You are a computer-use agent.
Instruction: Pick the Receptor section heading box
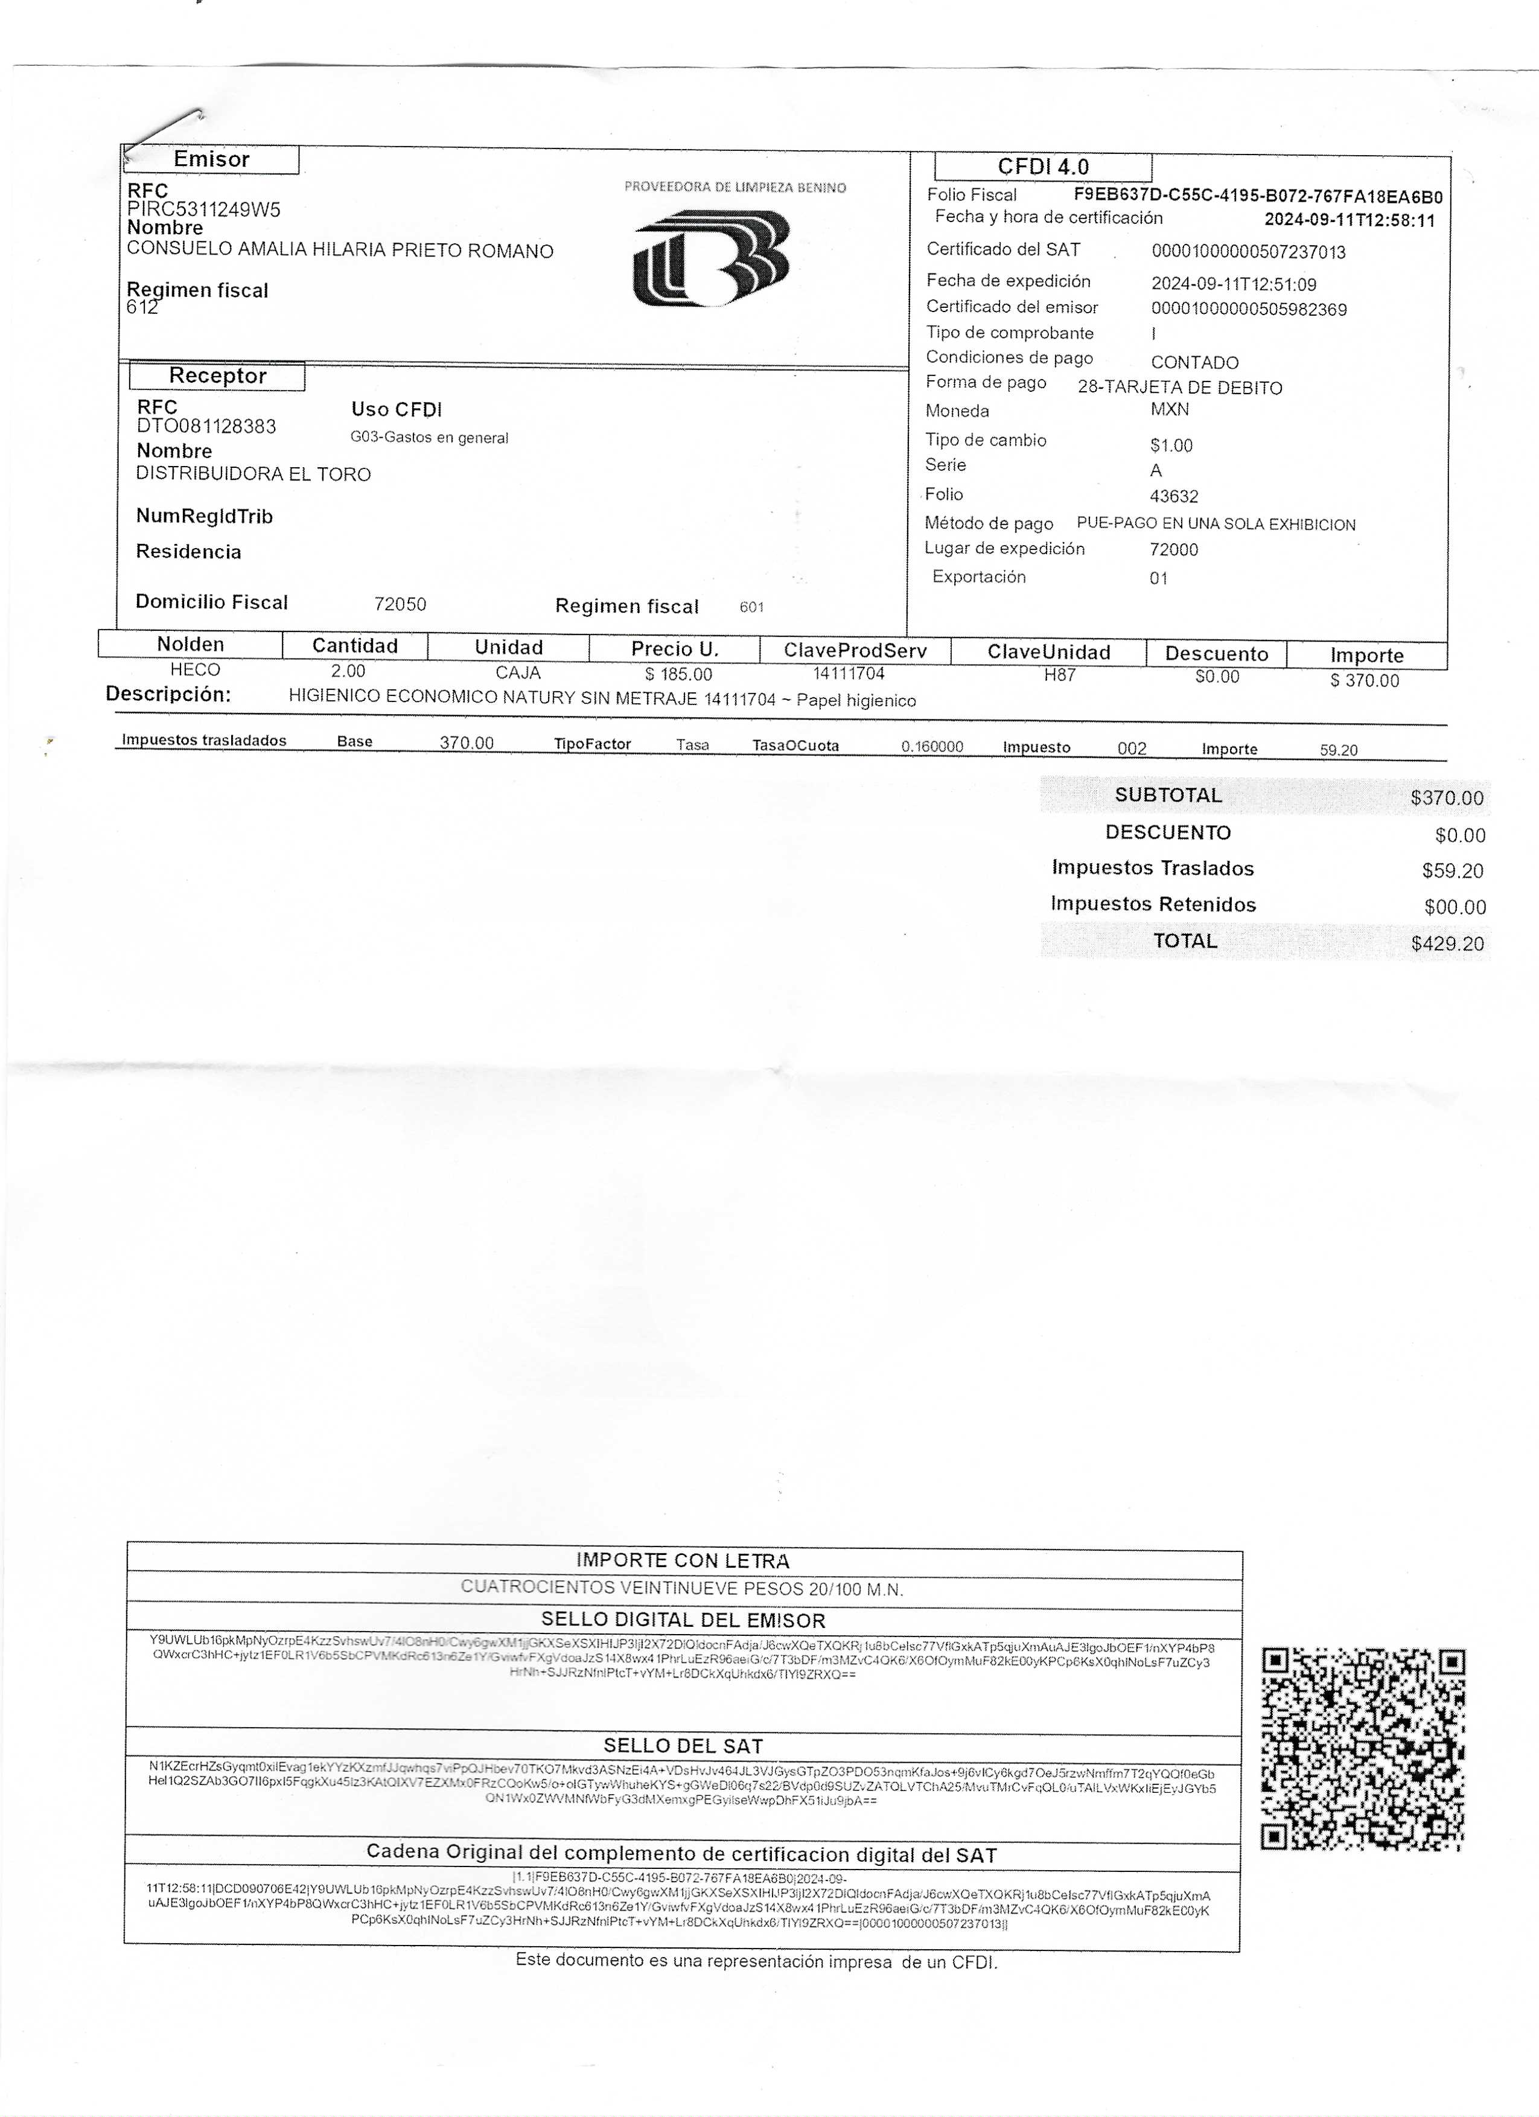[x=217, y=376]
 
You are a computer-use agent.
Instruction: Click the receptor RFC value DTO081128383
[x=206, y=427]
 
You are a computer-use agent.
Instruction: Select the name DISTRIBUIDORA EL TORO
[x=253, y=474]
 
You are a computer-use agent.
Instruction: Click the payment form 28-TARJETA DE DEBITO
[x=1180, y=388]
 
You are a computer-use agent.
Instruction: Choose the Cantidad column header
[x=355, y=646]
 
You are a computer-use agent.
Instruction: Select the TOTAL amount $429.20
[x=1447, y=944]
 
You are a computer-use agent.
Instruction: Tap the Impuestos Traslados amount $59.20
[x=1452, y=871]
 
